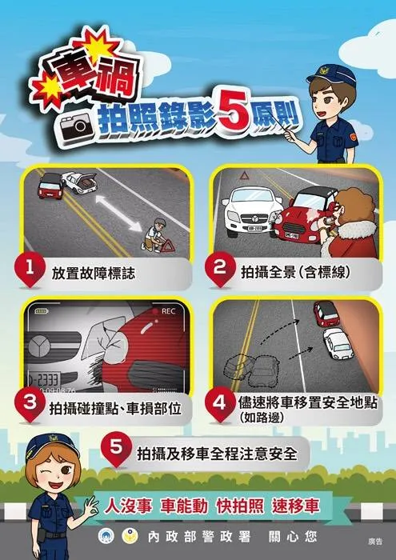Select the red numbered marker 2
click(220, 270)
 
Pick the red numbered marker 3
click(31, 405)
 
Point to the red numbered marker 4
click(219, 402)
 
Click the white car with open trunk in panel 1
click(81, 185)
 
